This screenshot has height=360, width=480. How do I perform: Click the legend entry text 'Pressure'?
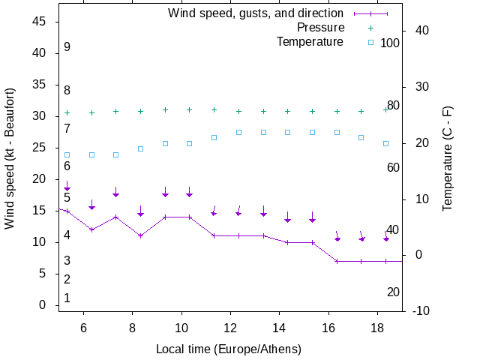click(x=320, y=28)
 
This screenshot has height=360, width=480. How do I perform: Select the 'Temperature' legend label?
click(x=310, y=42)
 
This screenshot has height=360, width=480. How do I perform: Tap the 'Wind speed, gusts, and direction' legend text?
click(x=255, y=13)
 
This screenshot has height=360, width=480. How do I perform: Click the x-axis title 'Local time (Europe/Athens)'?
click(x=228, y=349)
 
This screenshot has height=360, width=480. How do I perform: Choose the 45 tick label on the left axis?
click(x=40, y=22)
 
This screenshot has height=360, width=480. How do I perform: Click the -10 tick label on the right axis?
click(x=418, y=310)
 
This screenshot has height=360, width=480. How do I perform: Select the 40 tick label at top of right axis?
click(x=421, y=31)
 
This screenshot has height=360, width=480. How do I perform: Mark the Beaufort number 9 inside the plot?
click(x=67, y=47)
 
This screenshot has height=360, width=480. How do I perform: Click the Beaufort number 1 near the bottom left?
click(x=67, y=298)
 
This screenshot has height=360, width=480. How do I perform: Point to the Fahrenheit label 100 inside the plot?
click(x=390, y=43)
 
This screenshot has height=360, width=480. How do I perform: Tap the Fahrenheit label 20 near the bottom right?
click(x=393, y=292)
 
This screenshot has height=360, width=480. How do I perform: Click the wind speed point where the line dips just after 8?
click(x=140, y=235)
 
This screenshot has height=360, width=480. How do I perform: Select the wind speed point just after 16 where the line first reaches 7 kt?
click(x=337, y=261)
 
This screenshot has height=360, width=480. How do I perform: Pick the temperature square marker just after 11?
click(x=214, y=138)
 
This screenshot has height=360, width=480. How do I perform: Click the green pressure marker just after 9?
click(x=165, y=109)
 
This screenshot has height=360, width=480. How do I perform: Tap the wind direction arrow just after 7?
click(x=116, y=191)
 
